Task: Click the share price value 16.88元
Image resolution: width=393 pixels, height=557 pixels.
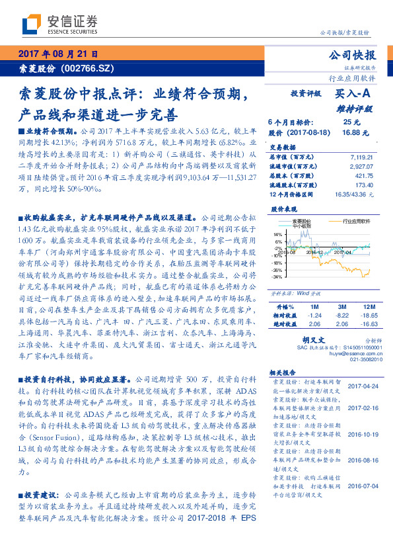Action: pos(351,132)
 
